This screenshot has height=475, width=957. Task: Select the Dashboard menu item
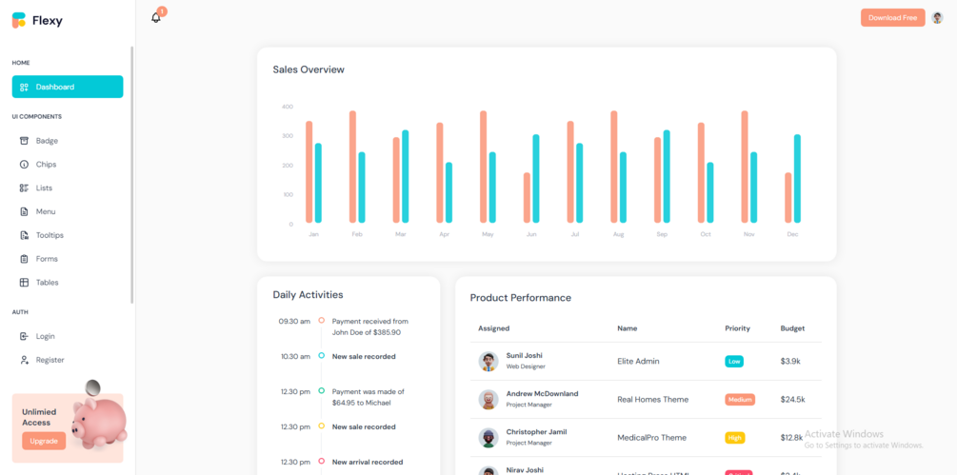[67, 87]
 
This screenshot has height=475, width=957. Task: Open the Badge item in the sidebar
[47, 141]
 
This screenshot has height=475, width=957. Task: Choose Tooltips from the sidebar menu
[49, 235]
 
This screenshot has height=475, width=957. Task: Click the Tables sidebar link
[47, 283]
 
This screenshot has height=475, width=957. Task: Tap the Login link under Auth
[45, 336]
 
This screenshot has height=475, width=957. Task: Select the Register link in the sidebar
[50, 360]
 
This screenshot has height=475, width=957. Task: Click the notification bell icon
[156, 17]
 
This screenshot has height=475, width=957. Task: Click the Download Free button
[892, 17]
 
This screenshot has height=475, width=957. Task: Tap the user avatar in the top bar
[937, 17]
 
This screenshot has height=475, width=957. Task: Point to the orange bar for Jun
[527, 198]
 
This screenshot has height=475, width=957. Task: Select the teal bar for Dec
[797, 179]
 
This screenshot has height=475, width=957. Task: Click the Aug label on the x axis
[618, 234]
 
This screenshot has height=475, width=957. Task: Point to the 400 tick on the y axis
[288, 107]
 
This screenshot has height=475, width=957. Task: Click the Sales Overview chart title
[309, 69]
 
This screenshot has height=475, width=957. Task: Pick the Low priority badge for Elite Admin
[734, 362]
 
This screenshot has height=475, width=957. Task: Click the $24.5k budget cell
[792, 400]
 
